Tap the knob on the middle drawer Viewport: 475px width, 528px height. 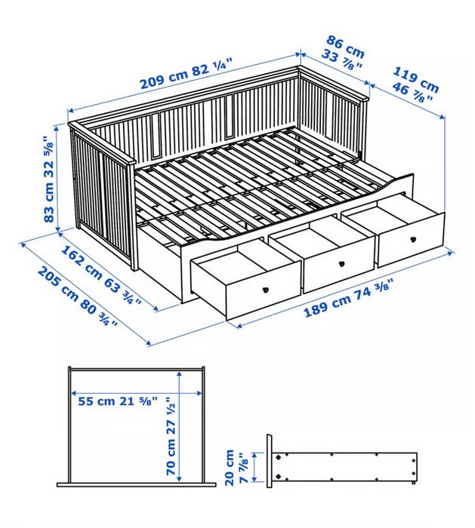(342, 264)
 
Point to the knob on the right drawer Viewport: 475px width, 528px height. (413, 239)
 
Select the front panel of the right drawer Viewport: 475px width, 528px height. (412, 240)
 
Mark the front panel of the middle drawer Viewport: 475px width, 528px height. (339, 265)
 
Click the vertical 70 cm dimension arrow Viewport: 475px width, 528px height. (179, 425)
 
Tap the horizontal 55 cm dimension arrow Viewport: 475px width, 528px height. (137, 393)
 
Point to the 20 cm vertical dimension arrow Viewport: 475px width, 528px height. (254, 467)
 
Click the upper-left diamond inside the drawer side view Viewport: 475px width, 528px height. (279, 457)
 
